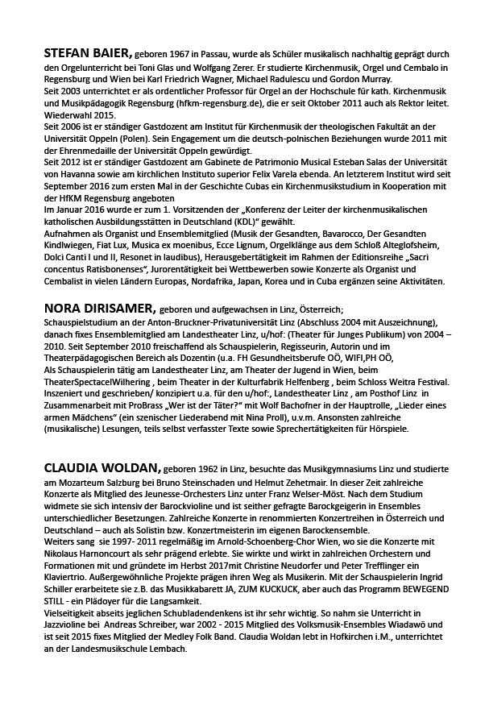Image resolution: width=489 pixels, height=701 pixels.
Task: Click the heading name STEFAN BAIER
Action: point(88,53)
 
